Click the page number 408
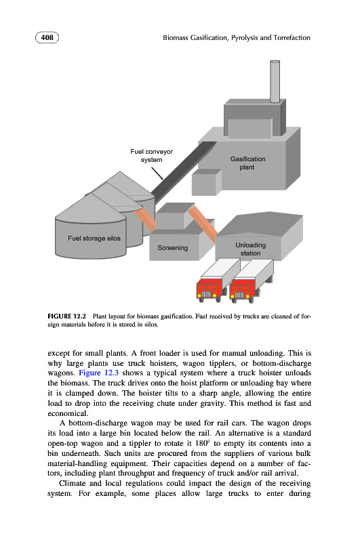click(47, 37)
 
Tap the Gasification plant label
click(247, 163)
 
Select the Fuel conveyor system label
click(151, 156)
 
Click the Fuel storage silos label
click(94, 238)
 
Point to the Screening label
click(173, 248)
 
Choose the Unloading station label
click(250, 249)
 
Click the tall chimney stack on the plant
click(275, 81)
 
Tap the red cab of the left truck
click(209, 289)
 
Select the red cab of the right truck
click(242, 290)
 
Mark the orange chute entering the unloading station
click(203, 222)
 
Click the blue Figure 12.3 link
click(98, 373)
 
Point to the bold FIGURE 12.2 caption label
click(66, 316)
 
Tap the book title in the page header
click(237, 38)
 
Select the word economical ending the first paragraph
click(68, 413)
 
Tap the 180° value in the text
click(201, 443)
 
